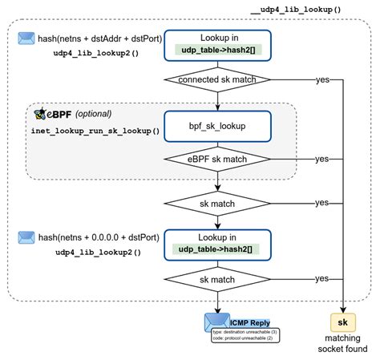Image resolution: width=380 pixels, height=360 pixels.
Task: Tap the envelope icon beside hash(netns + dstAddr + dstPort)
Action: [x=26, y=38]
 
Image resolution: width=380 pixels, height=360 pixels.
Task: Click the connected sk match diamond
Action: [x=216, y=79]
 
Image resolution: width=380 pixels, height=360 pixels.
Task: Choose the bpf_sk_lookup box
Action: [x=216, y=126]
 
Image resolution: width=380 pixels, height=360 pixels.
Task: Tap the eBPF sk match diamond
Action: [x=216, y=159]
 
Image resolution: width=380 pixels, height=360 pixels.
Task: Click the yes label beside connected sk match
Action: [x=322, y=79]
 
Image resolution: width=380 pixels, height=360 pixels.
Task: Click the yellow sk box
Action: [x=343, y=322]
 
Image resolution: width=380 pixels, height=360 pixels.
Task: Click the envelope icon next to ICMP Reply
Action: [x=214, y=322]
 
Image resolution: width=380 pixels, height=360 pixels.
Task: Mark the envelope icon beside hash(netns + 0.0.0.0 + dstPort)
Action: [x=26, y=238]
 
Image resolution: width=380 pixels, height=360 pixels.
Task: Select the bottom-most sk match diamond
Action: [x=216, y=278]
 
